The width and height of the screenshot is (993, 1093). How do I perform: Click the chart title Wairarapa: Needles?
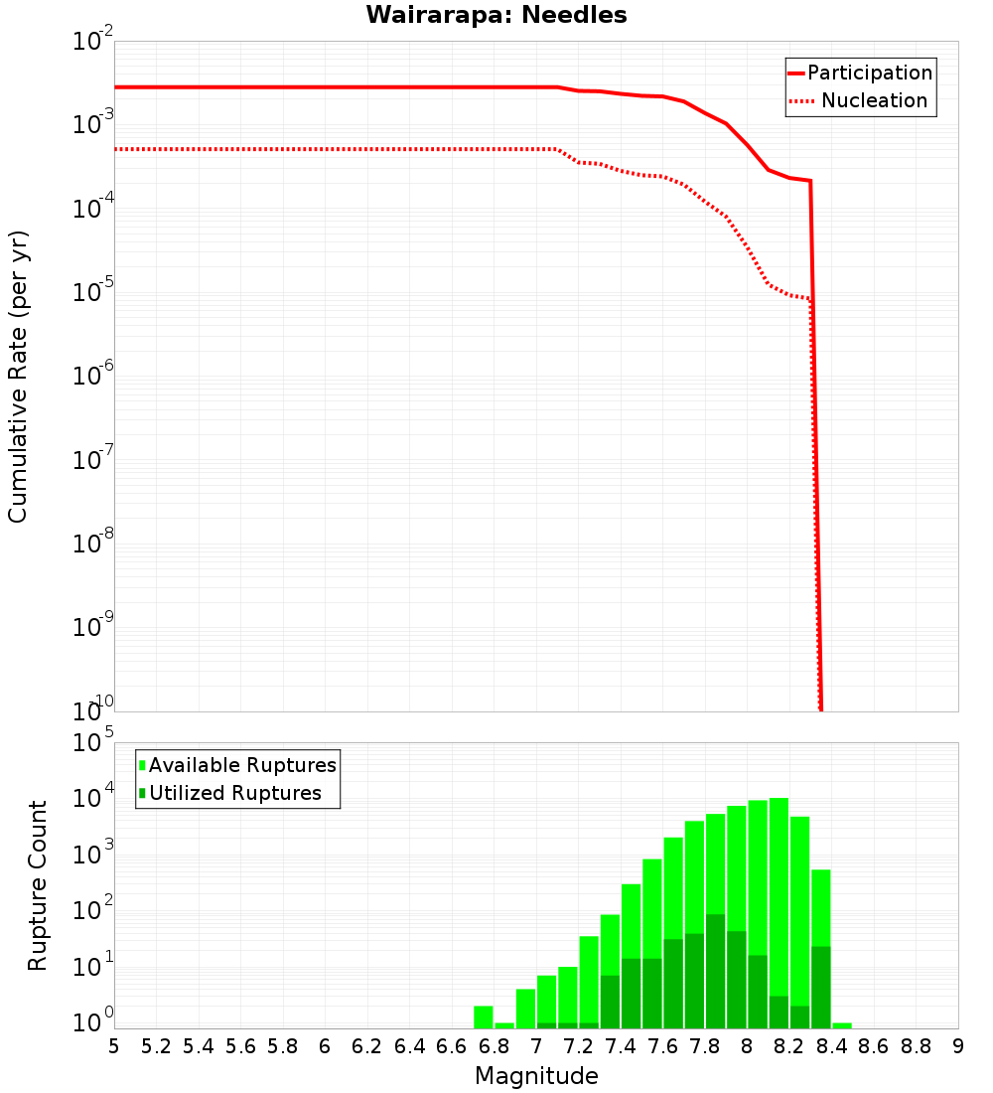click(496, 15)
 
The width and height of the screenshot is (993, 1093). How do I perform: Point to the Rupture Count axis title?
click(38, 885)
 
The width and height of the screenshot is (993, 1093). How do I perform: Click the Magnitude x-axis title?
click(536, 1076)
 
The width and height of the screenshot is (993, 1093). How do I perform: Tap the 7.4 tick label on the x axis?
click(621, 1046)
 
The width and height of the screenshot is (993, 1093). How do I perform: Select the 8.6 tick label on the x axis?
click(874, 1046)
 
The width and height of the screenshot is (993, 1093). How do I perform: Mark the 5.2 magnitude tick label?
click(157, 1046)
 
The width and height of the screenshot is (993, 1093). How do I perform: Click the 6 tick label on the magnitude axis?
click(326, 1046)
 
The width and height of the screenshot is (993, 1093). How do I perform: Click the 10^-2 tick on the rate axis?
click(94, 41)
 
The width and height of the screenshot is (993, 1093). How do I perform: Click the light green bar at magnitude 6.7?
click(484, 1017)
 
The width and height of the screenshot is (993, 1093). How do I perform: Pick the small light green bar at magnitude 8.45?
click(842, 1025)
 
